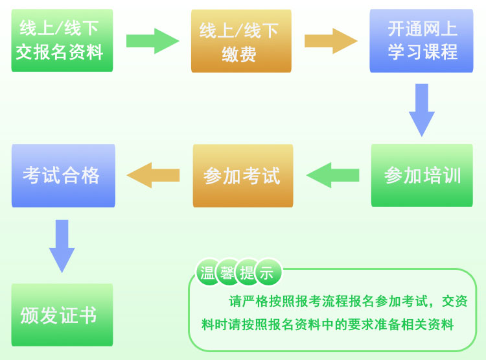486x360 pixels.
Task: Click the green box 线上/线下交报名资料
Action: click(62, 40)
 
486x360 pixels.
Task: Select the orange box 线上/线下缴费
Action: click(241, 41)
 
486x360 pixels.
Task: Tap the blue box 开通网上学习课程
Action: click(421, 40)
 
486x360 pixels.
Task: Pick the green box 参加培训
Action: click(422, 175)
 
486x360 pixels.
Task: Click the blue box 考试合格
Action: click(63, 175)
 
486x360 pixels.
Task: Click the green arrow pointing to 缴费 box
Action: click(152, 40)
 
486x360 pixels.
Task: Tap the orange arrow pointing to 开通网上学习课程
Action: click(330, 40)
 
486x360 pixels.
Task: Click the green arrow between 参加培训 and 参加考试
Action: click(332, 175)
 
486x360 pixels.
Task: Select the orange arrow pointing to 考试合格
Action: click(153, 175)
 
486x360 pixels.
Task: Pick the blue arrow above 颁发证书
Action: click(62, 245)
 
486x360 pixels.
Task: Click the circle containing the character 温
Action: click(208, 273)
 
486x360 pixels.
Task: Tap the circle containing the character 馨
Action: click(227, 273)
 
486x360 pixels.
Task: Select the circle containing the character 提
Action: click(247, 273)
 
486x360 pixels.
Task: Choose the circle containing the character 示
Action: click(267, 273)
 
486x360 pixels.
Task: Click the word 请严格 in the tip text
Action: click(247, 301)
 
